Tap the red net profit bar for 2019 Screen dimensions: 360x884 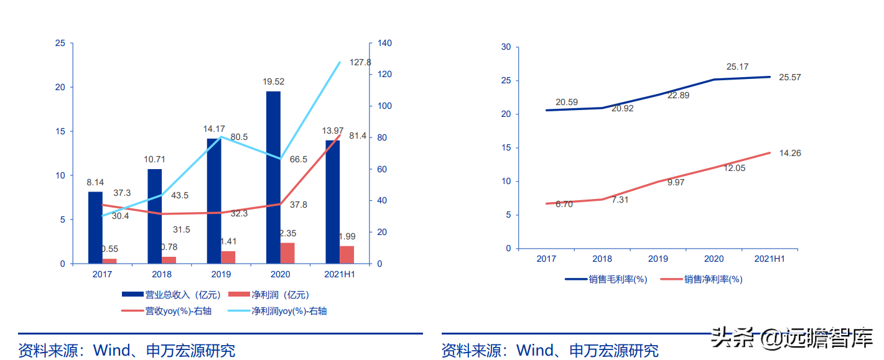[228, 257]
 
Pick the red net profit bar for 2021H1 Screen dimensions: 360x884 [347, 255]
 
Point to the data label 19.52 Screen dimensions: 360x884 [273, 81]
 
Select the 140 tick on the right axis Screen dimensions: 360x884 [384, 43]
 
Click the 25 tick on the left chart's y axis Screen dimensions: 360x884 [60, 43]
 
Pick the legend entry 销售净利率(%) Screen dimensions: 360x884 [703, 280]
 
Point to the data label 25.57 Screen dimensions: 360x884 [789, 77]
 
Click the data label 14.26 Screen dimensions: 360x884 [789, 153]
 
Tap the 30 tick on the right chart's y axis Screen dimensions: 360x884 [505, 47]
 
